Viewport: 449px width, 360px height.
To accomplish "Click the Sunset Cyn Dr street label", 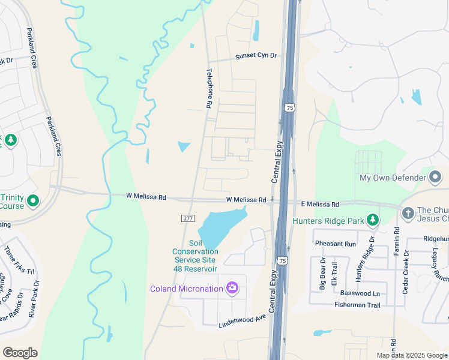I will pyautogui.click(x=256, y=56).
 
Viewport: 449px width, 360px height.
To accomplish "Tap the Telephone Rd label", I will pyautogui.click(x=209, y=88).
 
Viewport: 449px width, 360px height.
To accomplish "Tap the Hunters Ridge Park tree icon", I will pyautogui.click(x=373, y=220).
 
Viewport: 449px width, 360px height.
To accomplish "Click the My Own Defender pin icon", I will pyautogui.click(x=436, y=178).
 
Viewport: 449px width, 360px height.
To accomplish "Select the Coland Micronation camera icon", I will pyautogui.click(x=232, y=289).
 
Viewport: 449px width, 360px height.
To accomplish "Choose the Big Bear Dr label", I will pyautogui.click(x=322, y=274).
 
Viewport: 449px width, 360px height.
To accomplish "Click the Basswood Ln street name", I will pyautogui.click(x=360, y=293).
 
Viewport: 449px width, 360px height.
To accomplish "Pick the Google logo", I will pyautogui.click(x=20, y=352).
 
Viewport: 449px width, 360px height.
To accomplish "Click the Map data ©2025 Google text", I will pyautogui.click(x=412, y=355).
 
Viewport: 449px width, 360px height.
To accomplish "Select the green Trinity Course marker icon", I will pyautogui.click(x=33, y=200).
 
